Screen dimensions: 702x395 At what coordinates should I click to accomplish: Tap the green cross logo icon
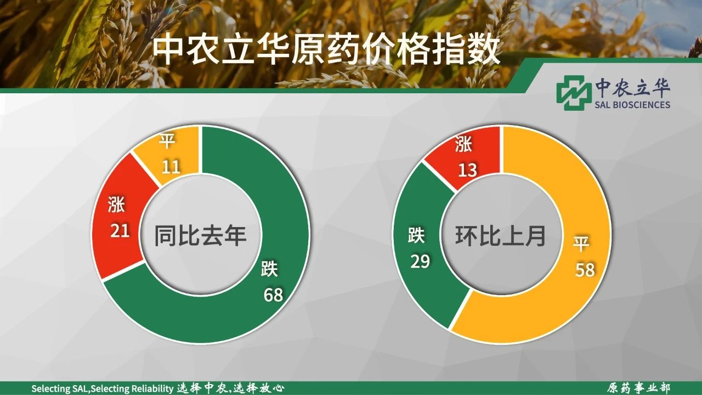(572, 93)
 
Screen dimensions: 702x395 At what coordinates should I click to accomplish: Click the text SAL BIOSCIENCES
(632, 104)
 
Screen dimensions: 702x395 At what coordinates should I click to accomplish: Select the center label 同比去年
(201, 235)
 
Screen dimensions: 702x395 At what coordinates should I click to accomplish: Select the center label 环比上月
(501, 235)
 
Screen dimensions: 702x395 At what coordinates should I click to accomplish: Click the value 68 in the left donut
(273, 295)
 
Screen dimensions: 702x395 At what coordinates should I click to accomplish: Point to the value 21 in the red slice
(120, 230)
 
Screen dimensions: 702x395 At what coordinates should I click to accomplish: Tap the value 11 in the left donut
(171, 166)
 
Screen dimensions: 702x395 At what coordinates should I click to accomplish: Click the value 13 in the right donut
(468, 170)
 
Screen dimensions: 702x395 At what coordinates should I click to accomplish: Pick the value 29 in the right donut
(420, 261)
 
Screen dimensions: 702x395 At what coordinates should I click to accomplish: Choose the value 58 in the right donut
(585, 269)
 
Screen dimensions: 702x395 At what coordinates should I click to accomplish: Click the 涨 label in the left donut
(116, 205)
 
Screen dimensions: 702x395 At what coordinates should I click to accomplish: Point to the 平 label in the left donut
(167, 141)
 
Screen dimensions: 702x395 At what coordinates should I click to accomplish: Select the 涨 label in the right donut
(463, 144)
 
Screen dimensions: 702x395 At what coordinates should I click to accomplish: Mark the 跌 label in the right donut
(416, 235)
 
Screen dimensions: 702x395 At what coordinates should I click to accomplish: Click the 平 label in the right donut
(581, 243)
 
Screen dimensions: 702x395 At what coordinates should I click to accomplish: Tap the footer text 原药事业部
(638, 388)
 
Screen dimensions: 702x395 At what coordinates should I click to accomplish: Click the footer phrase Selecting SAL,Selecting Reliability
(103, 389)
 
